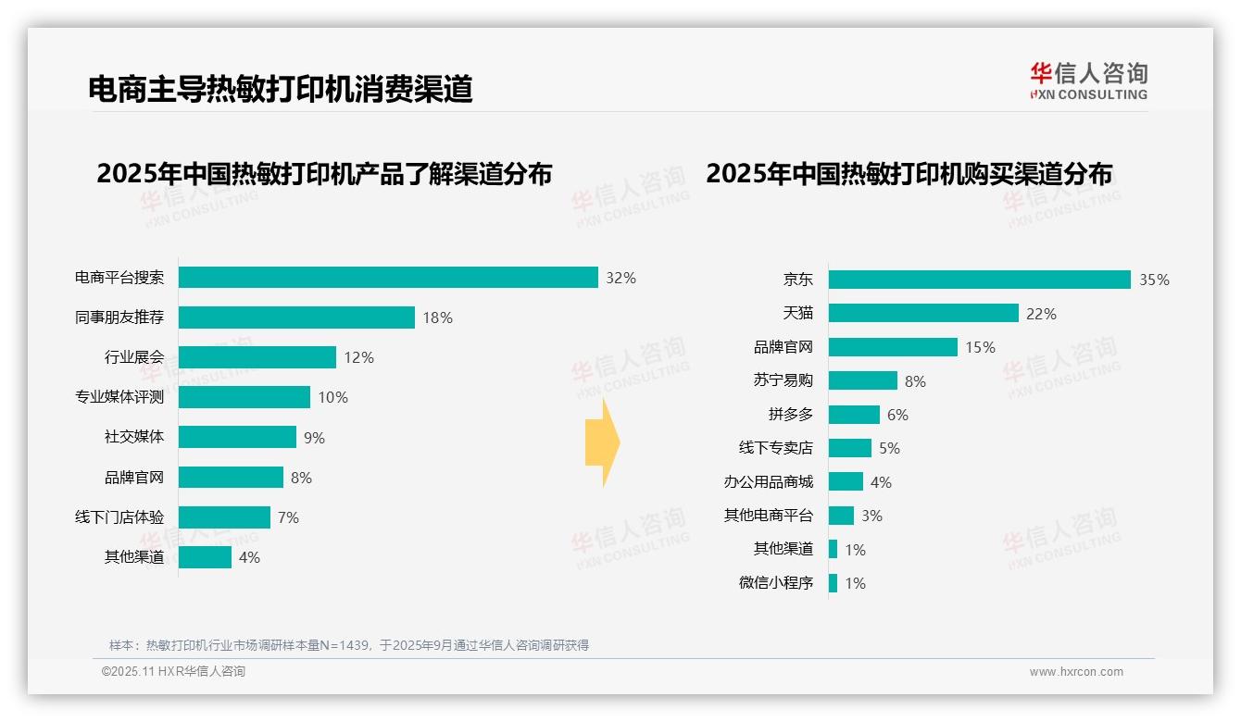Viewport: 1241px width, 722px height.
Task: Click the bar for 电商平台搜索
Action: [388, 278]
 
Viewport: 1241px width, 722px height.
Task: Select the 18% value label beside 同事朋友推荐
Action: [437, 317]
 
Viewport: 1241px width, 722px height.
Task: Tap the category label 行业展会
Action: [134, 357]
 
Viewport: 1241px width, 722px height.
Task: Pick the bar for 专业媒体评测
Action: [244, 397]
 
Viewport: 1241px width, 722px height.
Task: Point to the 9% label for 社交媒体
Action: [314, 438]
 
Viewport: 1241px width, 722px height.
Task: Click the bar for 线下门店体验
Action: [224, 517]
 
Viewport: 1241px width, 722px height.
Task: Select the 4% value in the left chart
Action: [249, 557]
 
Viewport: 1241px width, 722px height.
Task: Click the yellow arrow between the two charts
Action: [602, 443]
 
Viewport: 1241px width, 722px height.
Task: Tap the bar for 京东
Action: [979, 280]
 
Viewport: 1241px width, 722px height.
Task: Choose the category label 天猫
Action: [797, 314]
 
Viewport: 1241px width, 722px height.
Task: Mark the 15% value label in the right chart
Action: [980, 347]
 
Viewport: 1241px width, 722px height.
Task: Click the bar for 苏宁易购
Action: [862, 380]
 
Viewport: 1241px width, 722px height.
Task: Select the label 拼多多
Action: [790, 415]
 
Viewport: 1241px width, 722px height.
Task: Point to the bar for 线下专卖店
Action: [849, 448]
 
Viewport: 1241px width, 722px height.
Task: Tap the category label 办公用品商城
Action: [768, 482]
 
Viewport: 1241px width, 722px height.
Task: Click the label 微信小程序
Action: [775, 583]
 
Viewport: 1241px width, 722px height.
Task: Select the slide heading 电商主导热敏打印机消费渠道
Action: [281, 89]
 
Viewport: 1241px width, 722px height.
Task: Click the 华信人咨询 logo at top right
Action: [1088, 81]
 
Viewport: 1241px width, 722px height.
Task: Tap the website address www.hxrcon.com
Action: [1076, 672]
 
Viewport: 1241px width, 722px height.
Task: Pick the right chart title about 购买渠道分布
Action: [909, 174]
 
